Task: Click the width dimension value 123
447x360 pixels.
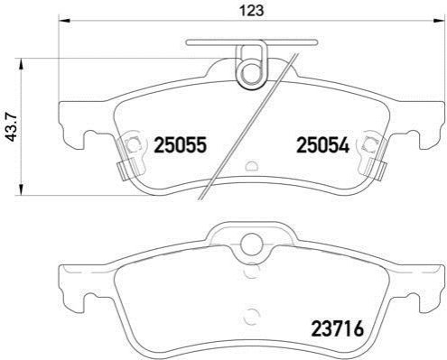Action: click(251, 11)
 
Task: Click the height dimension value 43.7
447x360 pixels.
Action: click(13, 126)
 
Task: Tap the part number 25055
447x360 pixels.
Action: click(181, 145)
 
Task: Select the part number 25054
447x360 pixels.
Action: click(323, 145)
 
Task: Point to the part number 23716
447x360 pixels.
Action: click(338, 328)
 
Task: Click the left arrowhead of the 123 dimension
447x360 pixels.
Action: click(64, 21)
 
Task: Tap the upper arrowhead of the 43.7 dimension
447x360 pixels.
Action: click(21, 64)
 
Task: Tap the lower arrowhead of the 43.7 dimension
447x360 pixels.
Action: click(21, 189)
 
